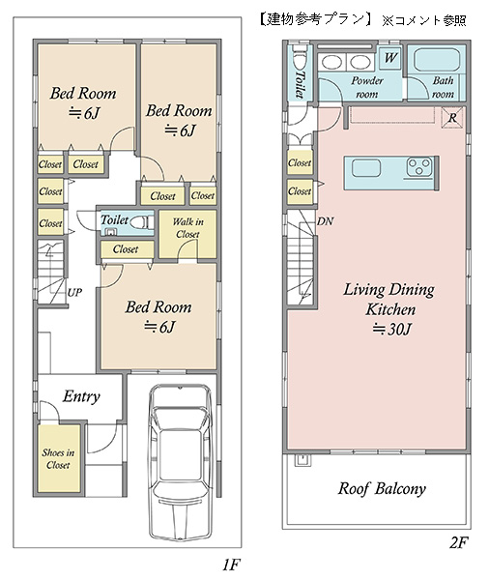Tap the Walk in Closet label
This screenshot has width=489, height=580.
[x=187, y=228]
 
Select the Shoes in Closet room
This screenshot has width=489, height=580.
[x=59, y=458]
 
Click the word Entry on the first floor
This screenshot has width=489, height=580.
[x=81, y=396]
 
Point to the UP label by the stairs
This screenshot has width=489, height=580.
[x=74, y=293]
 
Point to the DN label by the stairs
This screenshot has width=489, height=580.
[x=325, y=221]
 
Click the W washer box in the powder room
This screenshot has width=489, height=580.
[x=390, y=58]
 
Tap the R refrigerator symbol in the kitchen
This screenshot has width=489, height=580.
[x=452, y=118]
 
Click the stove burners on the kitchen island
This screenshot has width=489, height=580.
[x=419, y=166]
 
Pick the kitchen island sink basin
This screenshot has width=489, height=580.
[x=366, y=168]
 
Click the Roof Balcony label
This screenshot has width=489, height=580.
[x=382, y=488]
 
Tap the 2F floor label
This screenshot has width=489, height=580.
[x=459, y=542]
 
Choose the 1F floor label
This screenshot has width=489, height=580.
[x=232, y=565]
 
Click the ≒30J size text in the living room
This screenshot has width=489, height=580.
[x=391, y=329]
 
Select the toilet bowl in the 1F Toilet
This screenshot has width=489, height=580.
[x=140, y=222]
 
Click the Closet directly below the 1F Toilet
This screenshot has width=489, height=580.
[x=126, y=249]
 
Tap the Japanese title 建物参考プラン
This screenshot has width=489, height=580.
[x=315, y=19]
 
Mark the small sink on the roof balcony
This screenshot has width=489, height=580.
[x=302, y=460]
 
